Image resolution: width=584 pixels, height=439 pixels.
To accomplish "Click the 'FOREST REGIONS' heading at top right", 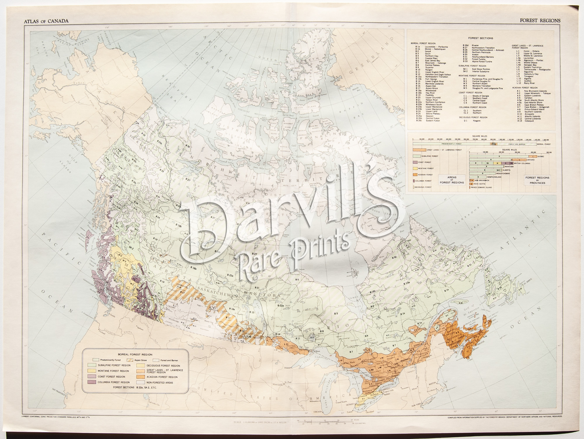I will (x=544, y=21).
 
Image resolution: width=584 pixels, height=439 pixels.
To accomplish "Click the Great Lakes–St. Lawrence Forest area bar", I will (x=419, y=150).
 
